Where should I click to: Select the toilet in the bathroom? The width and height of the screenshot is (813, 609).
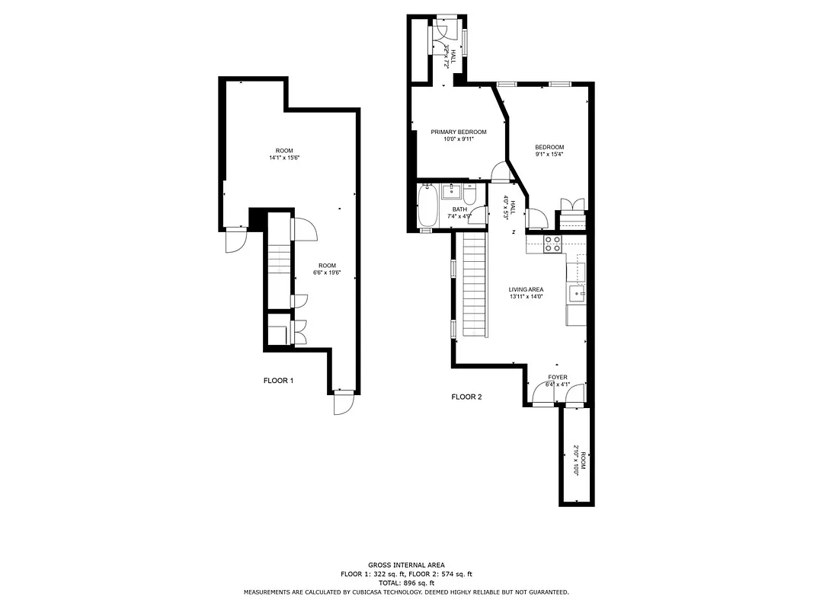point(469,196)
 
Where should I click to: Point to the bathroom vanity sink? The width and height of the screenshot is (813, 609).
point(452,190)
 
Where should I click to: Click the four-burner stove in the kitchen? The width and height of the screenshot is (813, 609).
point(552,244)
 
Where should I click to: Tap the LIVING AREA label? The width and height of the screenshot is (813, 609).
point(526,289)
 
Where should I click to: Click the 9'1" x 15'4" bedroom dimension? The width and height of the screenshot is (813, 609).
point(549,155)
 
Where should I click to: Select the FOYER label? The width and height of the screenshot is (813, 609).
point(558,377)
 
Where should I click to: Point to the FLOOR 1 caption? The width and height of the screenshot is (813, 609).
point(278,381)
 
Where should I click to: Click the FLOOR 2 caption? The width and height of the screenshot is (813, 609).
point(466,397)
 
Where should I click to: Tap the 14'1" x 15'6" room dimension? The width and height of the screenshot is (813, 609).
point(284,158)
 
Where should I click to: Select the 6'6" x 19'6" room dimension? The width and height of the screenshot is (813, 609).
point(326,273)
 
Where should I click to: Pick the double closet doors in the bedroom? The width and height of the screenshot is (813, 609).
point(571,204)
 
